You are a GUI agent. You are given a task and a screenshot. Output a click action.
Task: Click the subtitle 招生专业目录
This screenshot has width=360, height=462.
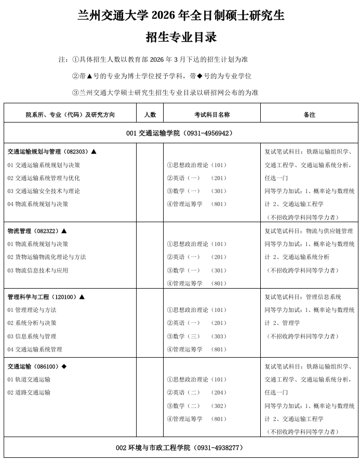tap(181, 37)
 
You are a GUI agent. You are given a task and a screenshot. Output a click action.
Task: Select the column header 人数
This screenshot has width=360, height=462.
tap(150, 115)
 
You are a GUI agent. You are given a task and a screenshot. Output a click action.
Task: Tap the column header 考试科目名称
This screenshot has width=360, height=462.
tap(212, 115)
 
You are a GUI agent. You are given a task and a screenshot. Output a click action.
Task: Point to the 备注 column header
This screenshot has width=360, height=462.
tap(309, 115)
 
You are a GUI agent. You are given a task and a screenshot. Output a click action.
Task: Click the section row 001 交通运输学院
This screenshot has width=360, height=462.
tap(180, 133)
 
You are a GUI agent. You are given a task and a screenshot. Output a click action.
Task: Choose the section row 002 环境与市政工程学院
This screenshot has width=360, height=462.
tap(180, 447)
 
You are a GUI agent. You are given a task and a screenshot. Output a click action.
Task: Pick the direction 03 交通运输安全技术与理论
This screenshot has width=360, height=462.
tap(44, 191)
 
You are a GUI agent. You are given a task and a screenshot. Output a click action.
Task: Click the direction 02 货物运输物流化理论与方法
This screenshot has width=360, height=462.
tap(47, 257)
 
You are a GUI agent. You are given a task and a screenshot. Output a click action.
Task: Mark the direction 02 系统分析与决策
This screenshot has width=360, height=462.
tap(32, 323)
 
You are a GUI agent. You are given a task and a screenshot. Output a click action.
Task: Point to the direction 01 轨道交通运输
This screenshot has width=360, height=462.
tap(29, 379)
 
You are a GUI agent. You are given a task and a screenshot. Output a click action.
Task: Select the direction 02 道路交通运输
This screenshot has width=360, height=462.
tap(29, 392)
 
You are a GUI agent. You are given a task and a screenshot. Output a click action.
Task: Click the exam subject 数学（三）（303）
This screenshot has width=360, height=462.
tap(197, 336)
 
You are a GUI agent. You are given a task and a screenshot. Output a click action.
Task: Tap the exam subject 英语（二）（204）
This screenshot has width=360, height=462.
tap(197, 392)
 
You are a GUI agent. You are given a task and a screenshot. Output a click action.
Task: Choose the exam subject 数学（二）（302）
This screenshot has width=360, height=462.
tap(197, 406)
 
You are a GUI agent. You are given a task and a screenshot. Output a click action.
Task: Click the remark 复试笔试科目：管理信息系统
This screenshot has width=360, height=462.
tap(303, 297)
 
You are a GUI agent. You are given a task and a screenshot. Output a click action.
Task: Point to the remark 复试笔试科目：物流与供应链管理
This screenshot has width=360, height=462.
tap(309, 231)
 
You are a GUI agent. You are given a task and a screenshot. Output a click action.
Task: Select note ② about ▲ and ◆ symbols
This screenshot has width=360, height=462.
tap(162, 76)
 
